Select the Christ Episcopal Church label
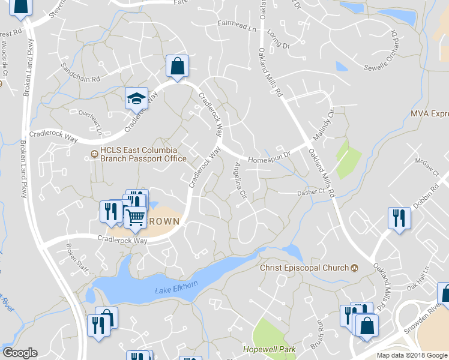coord(304,268)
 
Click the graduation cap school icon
coord(136,98)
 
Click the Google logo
coord(20,353)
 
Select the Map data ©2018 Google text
coord(412,355)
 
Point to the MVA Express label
coord(430,113)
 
